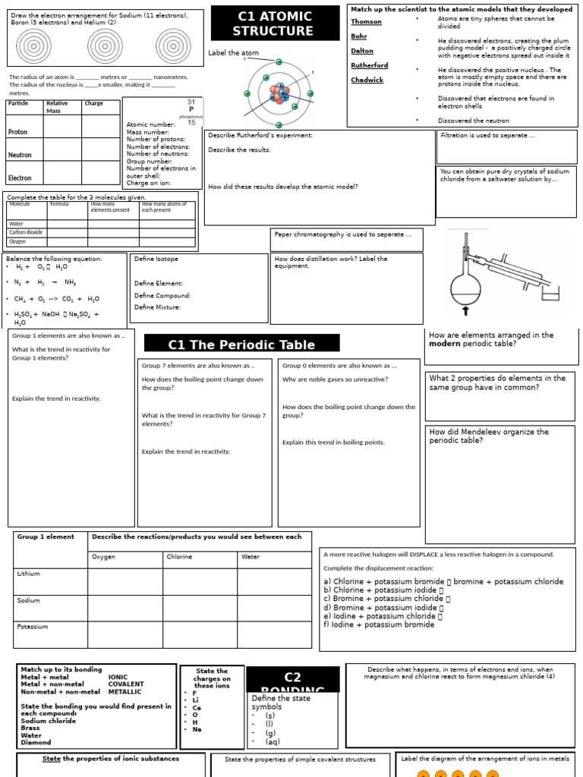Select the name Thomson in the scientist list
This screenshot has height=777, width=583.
point(366,21)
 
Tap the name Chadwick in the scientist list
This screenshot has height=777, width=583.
point(367,80)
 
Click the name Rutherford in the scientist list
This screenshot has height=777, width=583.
point(369,65)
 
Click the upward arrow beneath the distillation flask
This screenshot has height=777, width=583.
point(465,310)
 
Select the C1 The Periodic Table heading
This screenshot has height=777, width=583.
point(241,344)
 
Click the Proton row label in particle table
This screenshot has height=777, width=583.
point(17,132)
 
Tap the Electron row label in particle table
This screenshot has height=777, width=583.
point(20,178)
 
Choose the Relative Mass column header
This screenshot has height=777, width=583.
point(57,107)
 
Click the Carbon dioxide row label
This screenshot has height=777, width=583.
point(25,232)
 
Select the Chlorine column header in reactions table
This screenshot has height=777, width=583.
point(180,557)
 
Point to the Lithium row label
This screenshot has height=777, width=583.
point(28,574)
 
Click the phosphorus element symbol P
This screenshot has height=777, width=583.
point(191,109)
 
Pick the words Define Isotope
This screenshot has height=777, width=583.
point(156,259)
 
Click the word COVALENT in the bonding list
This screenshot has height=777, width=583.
point(126,684)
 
